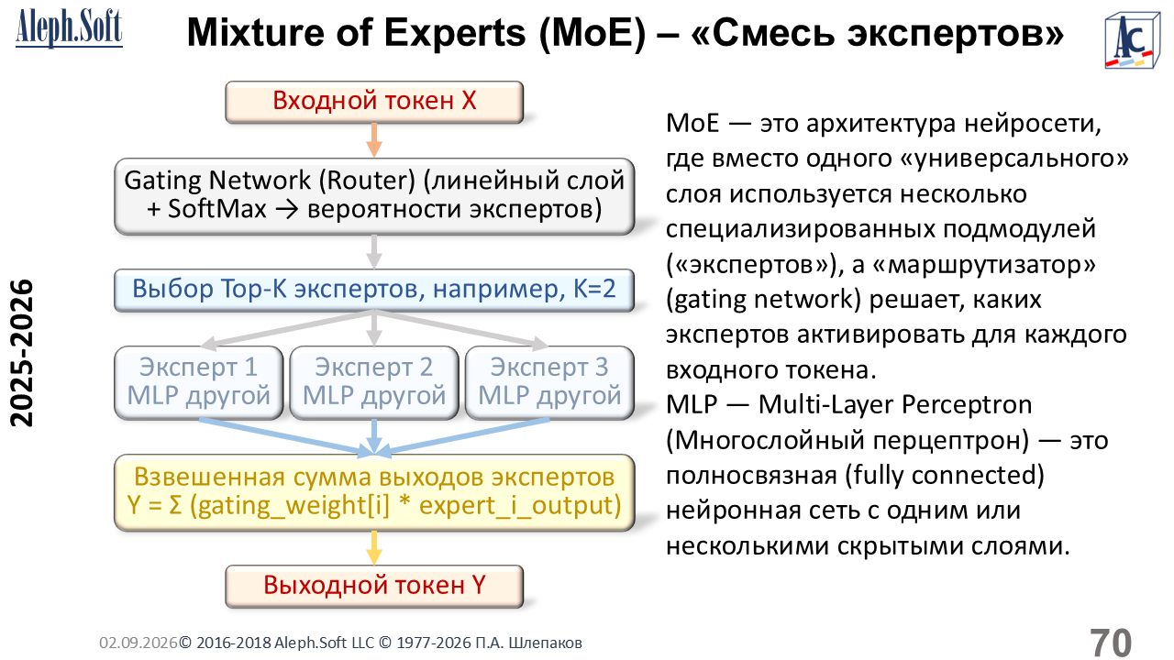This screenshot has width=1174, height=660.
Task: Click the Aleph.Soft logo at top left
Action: (x=69, y=28)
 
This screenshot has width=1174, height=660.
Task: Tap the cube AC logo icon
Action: (x=1132, y=41)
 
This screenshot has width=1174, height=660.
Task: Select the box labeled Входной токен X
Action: (x=374, y=102)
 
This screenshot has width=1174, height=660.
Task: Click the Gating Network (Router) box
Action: (x=374, y=196)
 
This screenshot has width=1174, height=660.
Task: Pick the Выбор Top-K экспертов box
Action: (x=374, y=290)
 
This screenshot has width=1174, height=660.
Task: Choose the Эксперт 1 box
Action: (x=199, y=382)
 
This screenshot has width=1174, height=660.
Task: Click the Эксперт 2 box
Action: (x=374, y=382)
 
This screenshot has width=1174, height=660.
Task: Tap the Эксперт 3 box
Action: (x=549, y=382)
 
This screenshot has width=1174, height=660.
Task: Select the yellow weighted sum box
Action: (x=374, y=492)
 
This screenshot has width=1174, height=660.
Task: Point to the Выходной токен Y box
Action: (x=374, y=586)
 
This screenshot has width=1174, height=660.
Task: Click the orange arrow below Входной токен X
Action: (x=373, y=140)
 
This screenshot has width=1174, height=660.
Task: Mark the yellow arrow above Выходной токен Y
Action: (x=373, y=548)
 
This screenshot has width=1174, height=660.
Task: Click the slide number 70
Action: (x=1111, y=643)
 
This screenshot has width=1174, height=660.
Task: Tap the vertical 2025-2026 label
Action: (x=22, y=353)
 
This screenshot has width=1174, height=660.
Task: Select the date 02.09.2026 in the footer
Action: (x=138, y=643)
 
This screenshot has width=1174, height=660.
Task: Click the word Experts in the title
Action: (x=454, y=33)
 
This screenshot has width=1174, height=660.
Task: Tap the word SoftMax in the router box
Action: (x=217, y=208)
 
